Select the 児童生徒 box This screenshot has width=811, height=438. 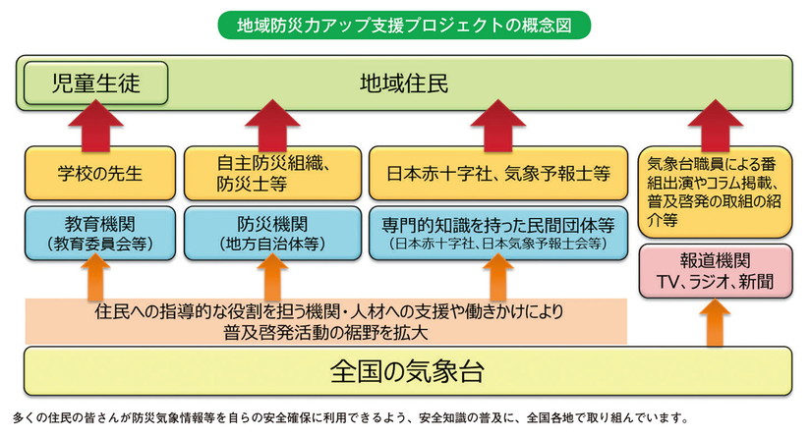click(x=95, y=83)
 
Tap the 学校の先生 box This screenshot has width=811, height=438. click(x=95, y=174)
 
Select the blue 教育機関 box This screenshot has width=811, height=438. click(x=95, y=232)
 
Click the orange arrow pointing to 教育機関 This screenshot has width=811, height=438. click(x=95, y=278)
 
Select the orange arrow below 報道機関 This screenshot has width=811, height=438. click(x=717, y=323)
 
